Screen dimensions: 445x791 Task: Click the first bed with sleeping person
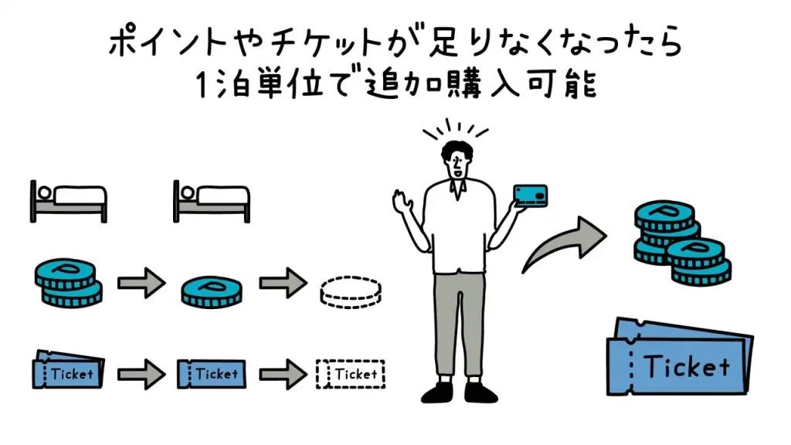point(68,199)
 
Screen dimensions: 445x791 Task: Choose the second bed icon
point(211,199)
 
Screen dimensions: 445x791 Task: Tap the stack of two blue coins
point(68,282)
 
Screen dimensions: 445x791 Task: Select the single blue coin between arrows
point(211,290)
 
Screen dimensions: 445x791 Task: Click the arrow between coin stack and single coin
point(141,284)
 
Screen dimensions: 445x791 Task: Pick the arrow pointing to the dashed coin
point(283,284)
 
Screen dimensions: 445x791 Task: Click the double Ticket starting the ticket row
point(68,372)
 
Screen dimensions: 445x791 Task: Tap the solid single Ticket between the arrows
point(211,374)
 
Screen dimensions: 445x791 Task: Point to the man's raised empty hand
point(403,203)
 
